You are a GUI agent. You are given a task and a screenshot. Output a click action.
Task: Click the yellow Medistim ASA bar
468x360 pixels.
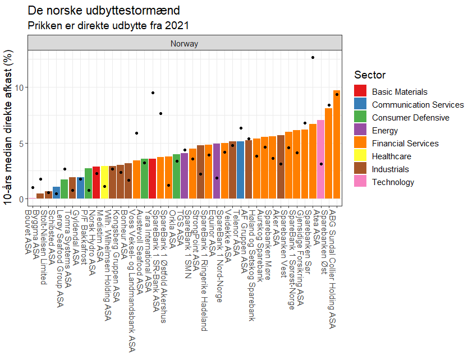pyautogui.click(x=104, y=182)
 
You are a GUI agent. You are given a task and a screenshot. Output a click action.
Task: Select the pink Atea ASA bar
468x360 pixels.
pyautogui.click(x=320, y=160)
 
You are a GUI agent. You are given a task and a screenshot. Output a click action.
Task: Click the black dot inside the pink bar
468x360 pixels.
pyautogui.click(x=321, y=164)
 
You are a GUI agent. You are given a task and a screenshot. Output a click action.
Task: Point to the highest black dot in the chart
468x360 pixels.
pyautogui.click(x=313, y=57)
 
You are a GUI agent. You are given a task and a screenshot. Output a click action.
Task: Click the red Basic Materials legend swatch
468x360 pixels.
pyautogui.click(x=361, y=92)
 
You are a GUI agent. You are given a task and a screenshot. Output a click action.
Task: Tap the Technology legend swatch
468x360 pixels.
pyautogui.click(x=361, y=182)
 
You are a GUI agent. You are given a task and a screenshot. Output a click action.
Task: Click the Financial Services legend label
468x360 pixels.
pyautogui.click(x=405, y=144)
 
